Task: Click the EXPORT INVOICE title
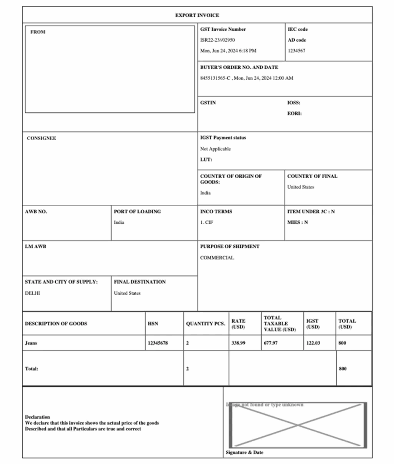point(197,15)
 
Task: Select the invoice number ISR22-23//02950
point(218,40)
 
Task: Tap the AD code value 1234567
point(297,51)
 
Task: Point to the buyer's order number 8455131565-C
point(215,78)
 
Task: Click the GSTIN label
point(208,103)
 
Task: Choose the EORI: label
point(294,114)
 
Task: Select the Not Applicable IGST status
point(215,149)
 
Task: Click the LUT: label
point(206,159)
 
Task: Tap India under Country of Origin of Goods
point(205,193)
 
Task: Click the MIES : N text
point(297,222)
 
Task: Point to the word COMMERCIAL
point(217,258)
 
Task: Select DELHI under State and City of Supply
point(32,293)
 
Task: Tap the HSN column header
point(153,324)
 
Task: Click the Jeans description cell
point(31,343)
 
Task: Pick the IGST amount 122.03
point(313,343)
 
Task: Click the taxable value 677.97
point(271,343)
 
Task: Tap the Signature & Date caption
point(244,452)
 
